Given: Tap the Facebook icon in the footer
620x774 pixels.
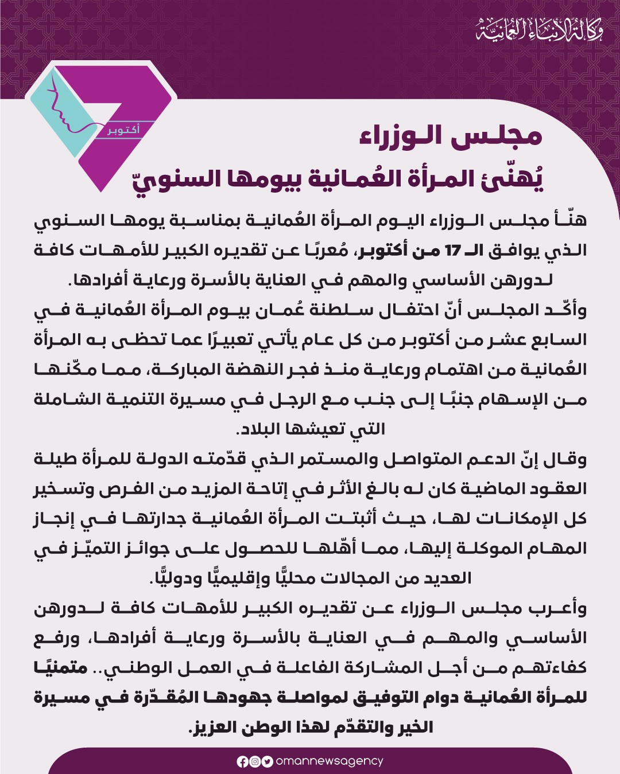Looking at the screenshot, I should [x=242, y=762].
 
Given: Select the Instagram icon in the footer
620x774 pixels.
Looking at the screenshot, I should [x=254, y=762].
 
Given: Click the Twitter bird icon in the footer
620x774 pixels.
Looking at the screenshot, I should [x=267, y=762].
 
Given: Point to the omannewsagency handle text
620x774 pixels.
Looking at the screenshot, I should [x=329, y=761].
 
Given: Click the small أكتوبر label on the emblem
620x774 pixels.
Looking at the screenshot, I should [x=123, y=130].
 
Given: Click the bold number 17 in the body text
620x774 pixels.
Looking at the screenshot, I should [x=453, y=251].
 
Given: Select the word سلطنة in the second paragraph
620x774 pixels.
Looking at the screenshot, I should [x=333, y=310].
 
